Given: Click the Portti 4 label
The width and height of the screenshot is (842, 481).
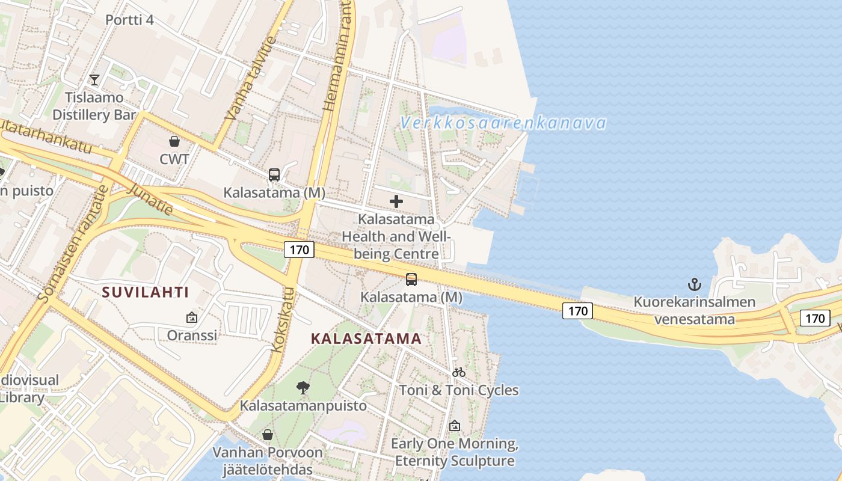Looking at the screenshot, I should tap(129, 20).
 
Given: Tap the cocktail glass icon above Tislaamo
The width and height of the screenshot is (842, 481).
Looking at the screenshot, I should tap(94, 79).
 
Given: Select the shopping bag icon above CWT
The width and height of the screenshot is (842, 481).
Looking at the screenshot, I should tap(174, 141).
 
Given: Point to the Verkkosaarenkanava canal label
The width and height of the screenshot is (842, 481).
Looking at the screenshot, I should tap(503, 123).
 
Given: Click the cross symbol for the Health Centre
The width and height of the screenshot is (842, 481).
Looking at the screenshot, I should tap(396, 201).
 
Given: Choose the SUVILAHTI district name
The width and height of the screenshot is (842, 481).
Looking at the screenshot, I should tap(146, 293).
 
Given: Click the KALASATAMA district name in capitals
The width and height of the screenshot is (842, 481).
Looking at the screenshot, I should tap(366, 339).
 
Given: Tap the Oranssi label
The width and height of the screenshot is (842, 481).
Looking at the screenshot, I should tap(192, 335).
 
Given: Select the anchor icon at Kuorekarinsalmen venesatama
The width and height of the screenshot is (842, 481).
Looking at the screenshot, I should tap(695, 284).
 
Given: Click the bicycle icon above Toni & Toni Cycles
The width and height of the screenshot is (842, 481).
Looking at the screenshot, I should tap(459, 372).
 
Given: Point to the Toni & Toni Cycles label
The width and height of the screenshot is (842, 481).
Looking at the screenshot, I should tap(459, 390).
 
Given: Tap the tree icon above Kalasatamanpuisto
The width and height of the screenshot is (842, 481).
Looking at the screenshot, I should tap(303, 388).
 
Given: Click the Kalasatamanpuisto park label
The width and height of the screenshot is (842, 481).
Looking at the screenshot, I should tap(303, 406).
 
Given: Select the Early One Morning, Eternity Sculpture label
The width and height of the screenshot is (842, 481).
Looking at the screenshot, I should tap(455, 453).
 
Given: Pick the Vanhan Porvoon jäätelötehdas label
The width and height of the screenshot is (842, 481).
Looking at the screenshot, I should tap(268, 461).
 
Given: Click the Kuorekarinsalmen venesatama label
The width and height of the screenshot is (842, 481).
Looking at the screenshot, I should tap(695, 310).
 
